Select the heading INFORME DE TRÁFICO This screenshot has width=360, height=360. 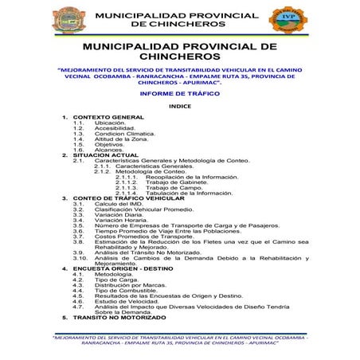(x=179, y=93)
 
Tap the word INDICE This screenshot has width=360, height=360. (x=180, y=106)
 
